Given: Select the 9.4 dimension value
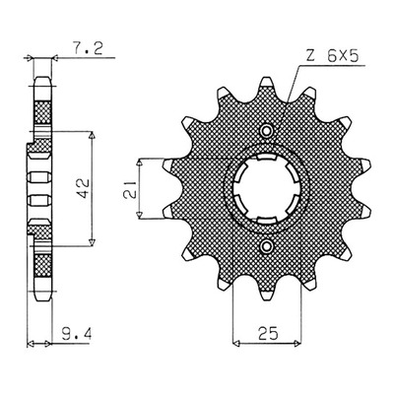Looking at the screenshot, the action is pyautogui.click(x=77, y=334).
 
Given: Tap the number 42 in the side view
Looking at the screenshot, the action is pyautogui.click(x=84, y=188).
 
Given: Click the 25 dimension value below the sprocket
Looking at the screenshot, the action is pyautogui.click(x=268, y=333).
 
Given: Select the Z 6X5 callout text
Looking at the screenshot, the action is pyautogui.click(x=332, y=57).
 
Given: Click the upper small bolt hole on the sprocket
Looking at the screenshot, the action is pyautogui.click(x=266, y=131).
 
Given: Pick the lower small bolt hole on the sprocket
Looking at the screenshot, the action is pyautogui.click(x=266, y=246).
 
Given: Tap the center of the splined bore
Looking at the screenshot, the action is pyautogui.click(x=266, y=189).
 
